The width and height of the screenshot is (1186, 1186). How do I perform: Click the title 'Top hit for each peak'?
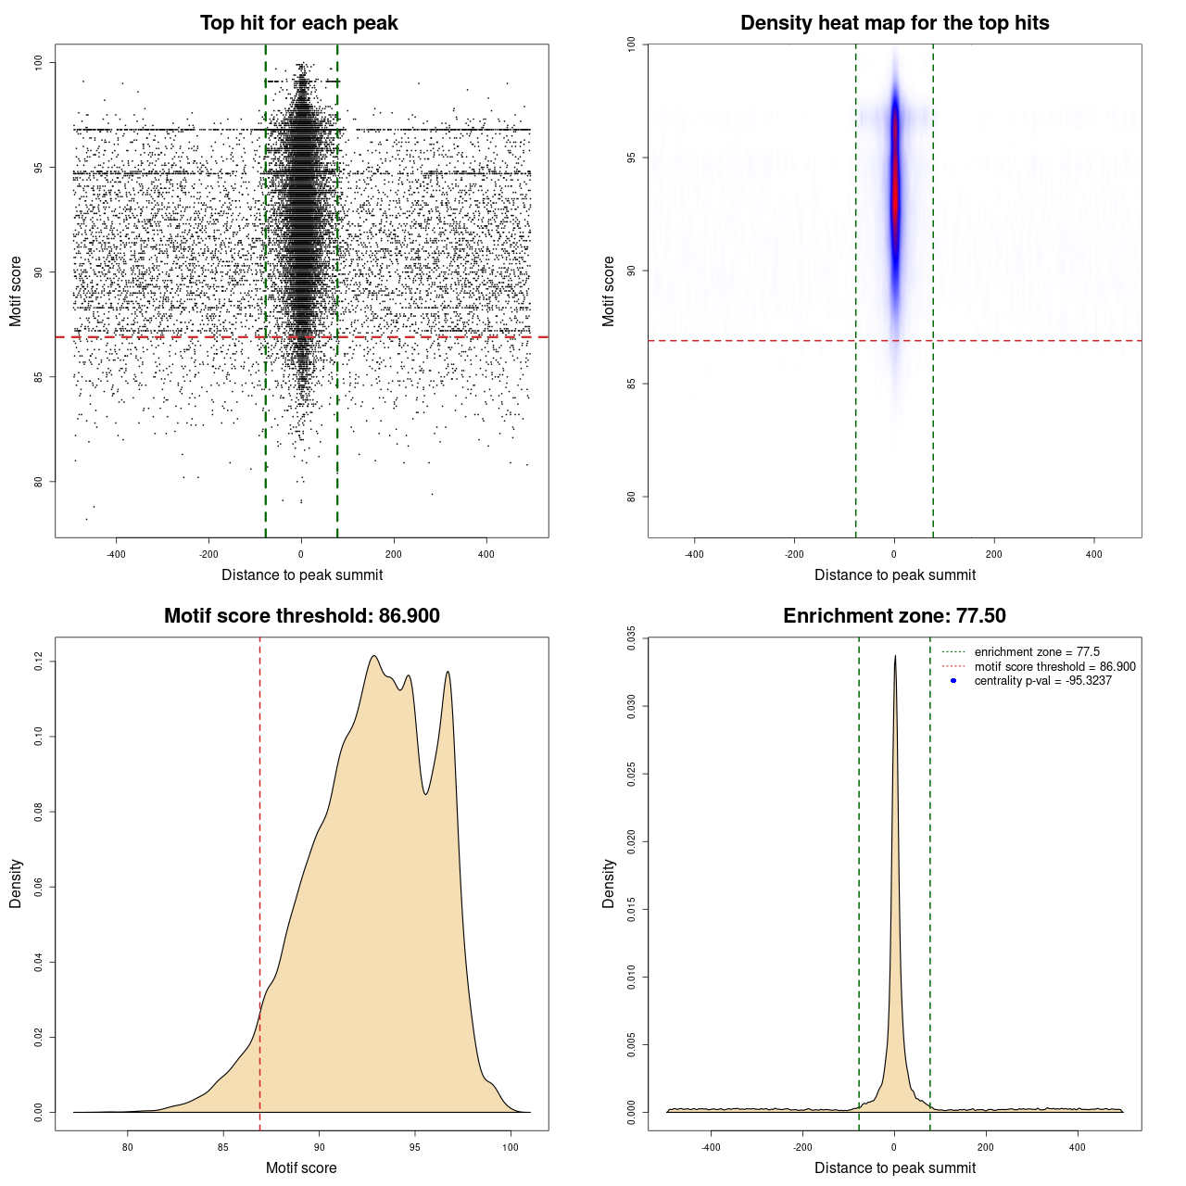click(x=299, y=23)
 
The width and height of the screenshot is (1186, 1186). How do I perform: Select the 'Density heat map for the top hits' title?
click(x=894, y=23)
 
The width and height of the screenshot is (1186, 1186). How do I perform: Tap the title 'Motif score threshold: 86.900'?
click(x=301, y=616)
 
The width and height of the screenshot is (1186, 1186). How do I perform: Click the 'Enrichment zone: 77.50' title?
click(x=894, y=616)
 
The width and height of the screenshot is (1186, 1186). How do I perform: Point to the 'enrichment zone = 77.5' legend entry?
click(x=1037, y=652)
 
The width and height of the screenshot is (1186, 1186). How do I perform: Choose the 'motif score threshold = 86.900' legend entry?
click(x=1054, y=667)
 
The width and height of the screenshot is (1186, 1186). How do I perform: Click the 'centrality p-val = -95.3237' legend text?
click(x=1042, y=681)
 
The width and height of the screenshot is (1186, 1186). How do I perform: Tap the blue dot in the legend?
click(x=953, y=681)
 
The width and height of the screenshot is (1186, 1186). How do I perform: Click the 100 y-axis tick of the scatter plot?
click(x=39, y=62)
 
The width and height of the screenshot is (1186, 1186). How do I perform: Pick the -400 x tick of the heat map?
click(x=694, y=554)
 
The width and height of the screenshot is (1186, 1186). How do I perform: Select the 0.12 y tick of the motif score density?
click(x=39, y=662)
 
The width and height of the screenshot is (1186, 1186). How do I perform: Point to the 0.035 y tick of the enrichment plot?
click(x=632, y=638)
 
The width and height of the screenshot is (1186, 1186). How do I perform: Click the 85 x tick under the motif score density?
click(x=223, y=1147)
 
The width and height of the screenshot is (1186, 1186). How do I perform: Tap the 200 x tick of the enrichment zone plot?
click(x=986, y=1147)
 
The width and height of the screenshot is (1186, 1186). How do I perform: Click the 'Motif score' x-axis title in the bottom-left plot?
click(x=301, y=1167)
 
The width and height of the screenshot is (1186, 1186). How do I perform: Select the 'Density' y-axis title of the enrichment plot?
click(x=609, y=883)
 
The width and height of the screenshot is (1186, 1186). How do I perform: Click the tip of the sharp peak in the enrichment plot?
click(x=895, y=657)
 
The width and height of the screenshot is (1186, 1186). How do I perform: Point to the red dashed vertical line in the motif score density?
click(x=259, y=880)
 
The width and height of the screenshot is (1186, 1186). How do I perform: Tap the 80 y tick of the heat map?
click(x=632, y=497)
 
